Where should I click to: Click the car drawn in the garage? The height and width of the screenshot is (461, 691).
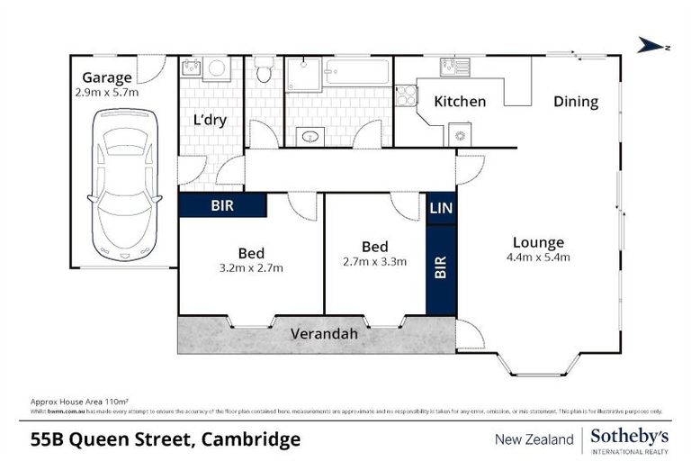pos(126,185)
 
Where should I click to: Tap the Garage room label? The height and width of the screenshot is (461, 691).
pos(107,77)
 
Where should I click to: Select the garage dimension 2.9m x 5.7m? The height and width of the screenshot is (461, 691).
pos(107,92)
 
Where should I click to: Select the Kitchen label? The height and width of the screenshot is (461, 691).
pos(460,102)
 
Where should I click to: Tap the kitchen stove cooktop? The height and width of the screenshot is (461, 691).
pos(405,95)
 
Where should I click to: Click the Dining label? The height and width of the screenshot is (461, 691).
pos(576,102)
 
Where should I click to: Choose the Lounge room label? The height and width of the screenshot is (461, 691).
pos(538,242)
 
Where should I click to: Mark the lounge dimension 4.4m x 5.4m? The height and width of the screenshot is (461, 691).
pos(538,258)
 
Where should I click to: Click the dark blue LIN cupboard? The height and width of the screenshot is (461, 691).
pos(441,208)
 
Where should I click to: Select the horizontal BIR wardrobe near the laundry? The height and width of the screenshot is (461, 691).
pos(222,205)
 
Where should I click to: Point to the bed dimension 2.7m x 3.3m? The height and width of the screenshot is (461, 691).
pos(374,262)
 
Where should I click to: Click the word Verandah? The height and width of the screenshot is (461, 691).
pos(324,334)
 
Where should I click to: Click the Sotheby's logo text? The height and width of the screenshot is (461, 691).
pos(630,436)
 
